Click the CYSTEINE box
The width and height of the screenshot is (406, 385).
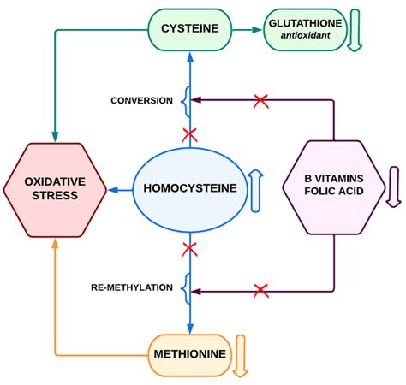190,30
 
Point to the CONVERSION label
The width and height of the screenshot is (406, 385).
141,101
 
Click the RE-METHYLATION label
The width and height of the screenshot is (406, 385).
131,287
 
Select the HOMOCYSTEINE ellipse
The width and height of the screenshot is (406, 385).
190,187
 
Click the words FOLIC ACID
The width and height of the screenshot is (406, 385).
333,193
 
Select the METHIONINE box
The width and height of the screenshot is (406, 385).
190,352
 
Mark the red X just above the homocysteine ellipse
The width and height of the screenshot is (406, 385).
190,134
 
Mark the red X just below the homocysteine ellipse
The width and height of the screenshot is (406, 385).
190,249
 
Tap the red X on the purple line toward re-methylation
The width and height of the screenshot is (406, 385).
261,291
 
